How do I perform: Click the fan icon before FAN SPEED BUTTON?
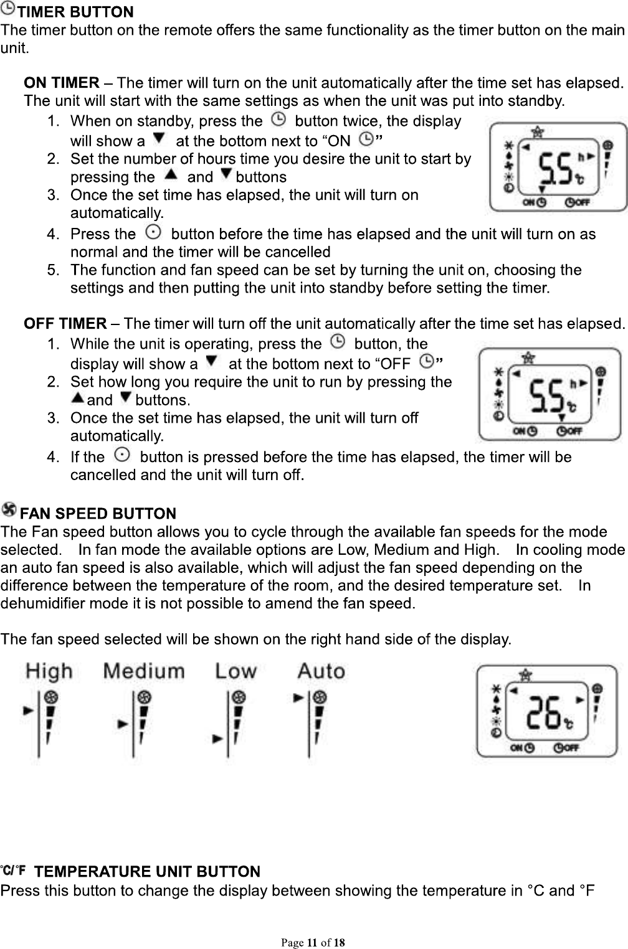pos(10,511)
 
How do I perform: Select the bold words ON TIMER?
pos(61,83)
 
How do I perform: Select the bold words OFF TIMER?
pos(65,324)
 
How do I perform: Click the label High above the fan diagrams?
pos(49,672)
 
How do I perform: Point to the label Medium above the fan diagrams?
pos(144,672)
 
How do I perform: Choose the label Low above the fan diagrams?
pos(235,672)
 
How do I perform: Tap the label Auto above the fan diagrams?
pos(321,672)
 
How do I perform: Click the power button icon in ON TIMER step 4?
pos(151,233)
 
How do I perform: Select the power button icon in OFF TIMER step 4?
pos(122,456)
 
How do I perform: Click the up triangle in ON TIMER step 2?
pos(169,176)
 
